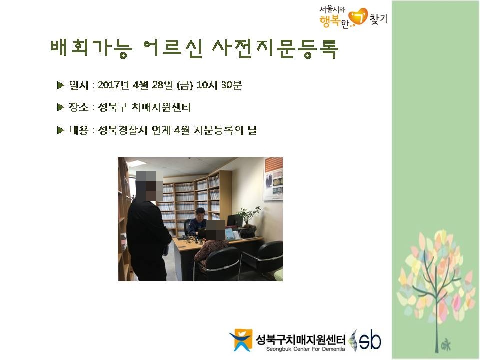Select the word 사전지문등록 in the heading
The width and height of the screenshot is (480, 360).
point(275,48)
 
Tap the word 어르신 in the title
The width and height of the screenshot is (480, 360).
point(173,48)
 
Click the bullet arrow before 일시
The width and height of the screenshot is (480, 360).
point(60,85)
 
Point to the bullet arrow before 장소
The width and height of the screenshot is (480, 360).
point(60,107)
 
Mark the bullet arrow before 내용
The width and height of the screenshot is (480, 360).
point(60,130)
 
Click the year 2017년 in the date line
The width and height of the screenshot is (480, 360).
point(113,85)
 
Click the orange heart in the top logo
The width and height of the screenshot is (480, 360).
point(358,17)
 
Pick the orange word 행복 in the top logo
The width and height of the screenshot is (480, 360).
point(330,21)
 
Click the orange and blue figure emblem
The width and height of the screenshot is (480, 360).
point(241,340)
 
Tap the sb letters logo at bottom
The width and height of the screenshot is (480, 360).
point(370,340)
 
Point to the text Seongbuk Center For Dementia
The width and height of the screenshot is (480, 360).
point(305,349)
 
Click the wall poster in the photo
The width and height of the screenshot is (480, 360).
point(273,179)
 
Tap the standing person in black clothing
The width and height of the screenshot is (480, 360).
point(148,226)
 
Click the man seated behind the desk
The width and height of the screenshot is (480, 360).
point(196,222)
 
